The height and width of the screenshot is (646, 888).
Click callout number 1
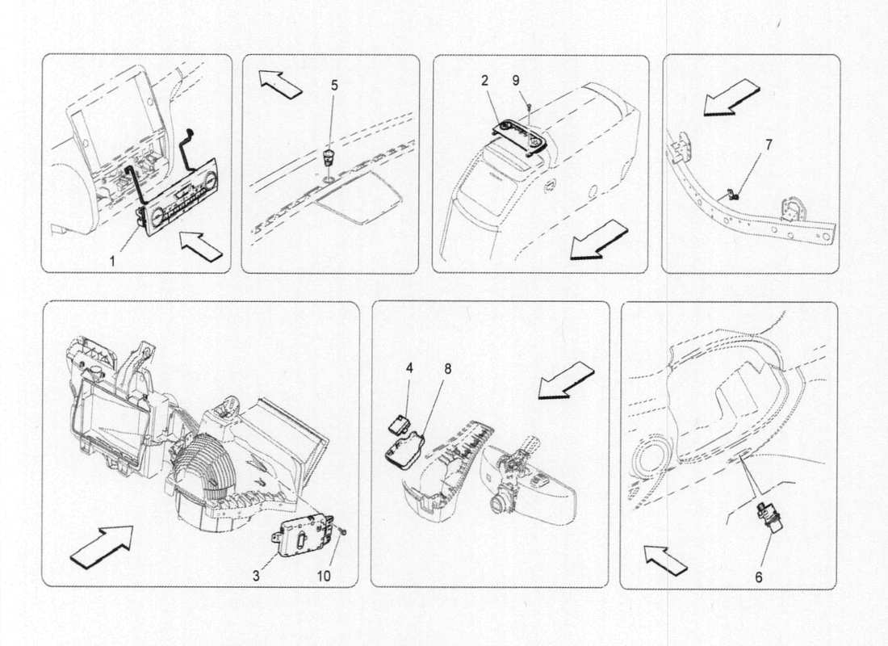112,261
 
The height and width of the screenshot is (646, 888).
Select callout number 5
335,83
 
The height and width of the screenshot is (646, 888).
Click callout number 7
768,145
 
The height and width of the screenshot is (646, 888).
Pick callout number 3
256,576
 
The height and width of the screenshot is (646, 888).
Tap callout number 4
409,367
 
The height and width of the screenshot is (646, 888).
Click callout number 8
448,367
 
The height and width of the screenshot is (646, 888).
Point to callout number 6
758,577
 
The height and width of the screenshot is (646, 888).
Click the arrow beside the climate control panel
199,246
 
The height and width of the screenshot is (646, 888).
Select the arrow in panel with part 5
279,83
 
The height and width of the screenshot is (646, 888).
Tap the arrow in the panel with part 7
731,97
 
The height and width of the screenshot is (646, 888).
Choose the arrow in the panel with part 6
664,560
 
